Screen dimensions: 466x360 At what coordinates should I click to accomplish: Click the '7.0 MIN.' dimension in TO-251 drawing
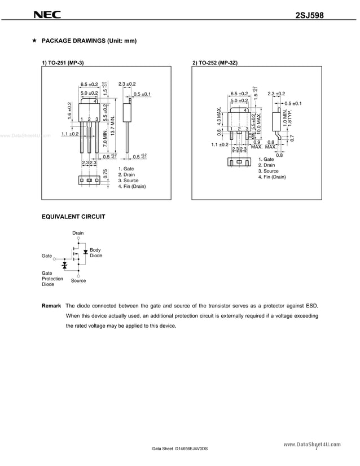[x=105, y=138]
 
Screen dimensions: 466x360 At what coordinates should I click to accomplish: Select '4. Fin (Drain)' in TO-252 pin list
[x=272, y=177]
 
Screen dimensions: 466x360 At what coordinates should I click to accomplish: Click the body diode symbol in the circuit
[x=85, y=251]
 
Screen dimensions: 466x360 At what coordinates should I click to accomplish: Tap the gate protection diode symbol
[x=64, y=264]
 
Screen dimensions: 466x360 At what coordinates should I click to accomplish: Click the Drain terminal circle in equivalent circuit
[x=78, y=239]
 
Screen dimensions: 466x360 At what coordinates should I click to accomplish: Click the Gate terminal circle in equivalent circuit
[x=55, y=258]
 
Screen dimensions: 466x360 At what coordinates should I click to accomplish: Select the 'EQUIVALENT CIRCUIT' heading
[x=73, y=216]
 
